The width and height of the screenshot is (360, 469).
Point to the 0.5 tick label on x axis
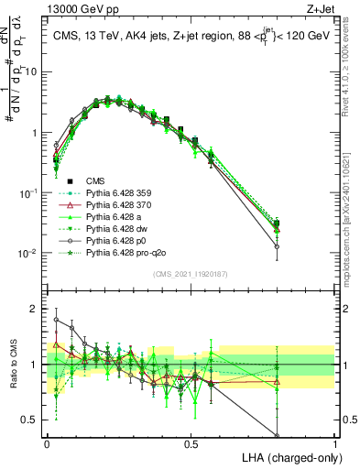pyautogui.click(x=191, y=444)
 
